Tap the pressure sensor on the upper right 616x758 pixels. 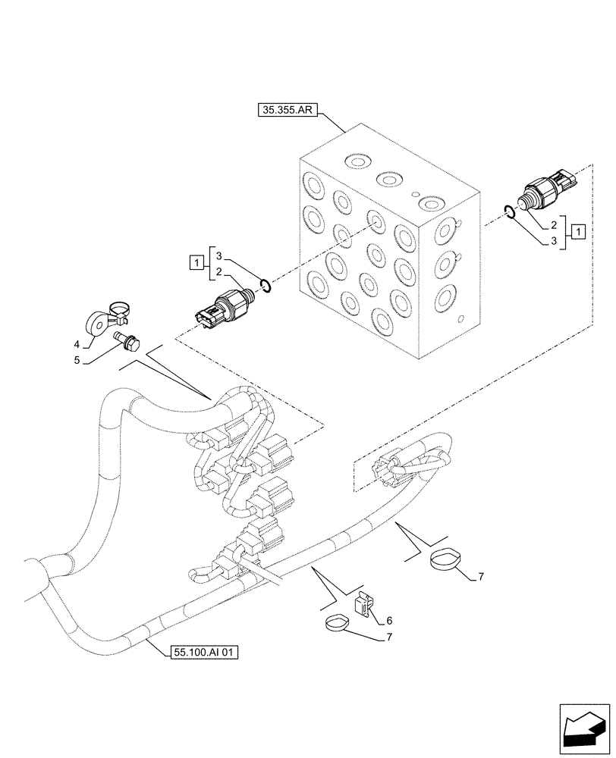click(546, 193)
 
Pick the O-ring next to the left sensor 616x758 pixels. click(265, 285)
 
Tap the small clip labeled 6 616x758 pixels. click(363, 602)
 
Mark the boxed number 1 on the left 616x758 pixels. click(196, 263)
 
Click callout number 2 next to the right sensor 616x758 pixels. click(555, 224)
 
